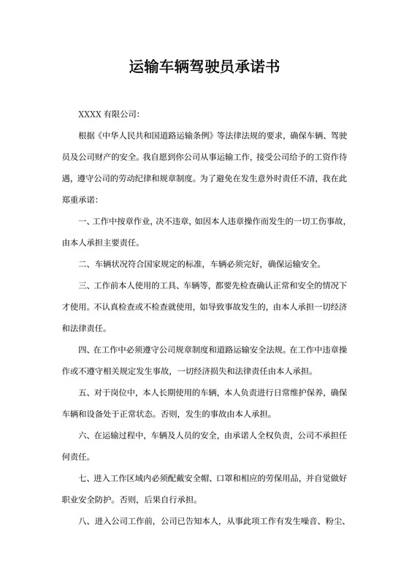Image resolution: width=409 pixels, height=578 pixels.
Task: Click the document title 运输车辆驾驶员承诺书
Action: [x=204, y=68]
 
